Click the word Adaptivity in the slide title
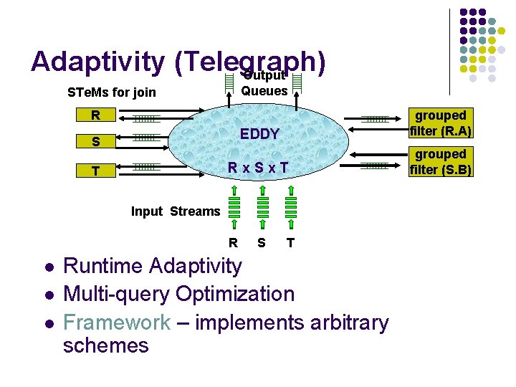(97, 62)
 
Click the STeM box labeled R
(95, 115)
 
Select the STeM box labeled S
(95, 142)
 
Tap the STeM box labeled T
(95, 171)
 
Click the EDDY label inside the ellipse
(259, 135)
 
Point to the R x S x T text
(258, 168)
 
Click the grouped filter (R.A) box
(441, 123)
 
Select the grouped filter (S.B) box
(441, 162)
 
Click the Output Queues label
(264, 85)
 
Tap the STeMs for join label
(111, 92)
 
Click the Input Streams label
(176, 211)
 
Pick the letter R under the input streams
(233, 243)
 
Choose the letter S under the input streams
(262, 243)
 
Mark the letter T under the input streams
(290, 243)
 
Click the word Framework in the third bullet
(117, 322)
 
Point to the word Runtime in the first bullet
(103, 266)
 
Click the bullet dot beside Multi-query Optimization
(47, 295)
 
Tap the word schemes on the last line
(105, 345)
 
